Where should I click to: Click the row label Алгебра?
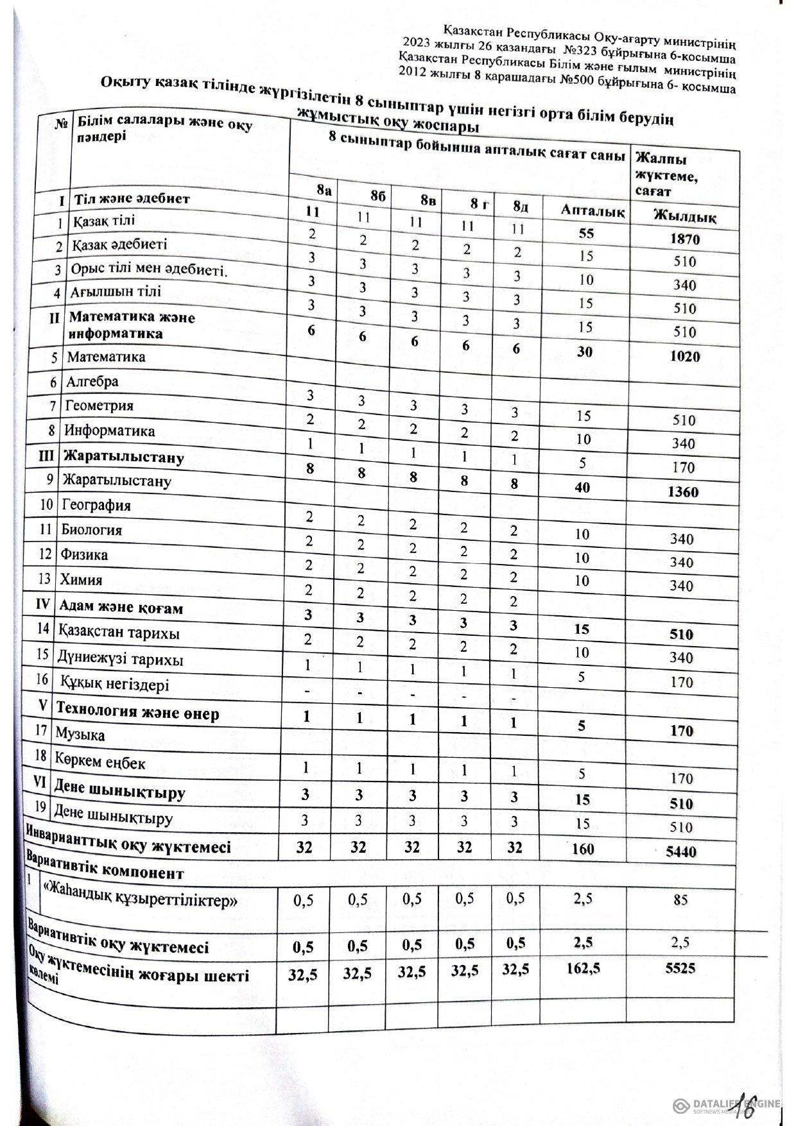(92, 381)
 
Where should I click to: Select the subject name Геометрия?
(99, 405)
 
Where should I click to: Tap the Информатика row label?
(109, 431)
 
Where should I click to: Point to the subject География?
(96, 505)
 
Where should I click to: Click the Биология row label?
(91, 530)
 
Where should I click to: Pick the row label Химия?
(81, 579)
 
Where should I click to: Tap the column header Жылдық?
(684, 216)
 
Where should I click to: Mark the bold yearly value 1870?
(684, 239)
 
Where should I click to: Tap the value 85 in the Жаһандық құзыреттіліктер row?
(680, 900)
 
